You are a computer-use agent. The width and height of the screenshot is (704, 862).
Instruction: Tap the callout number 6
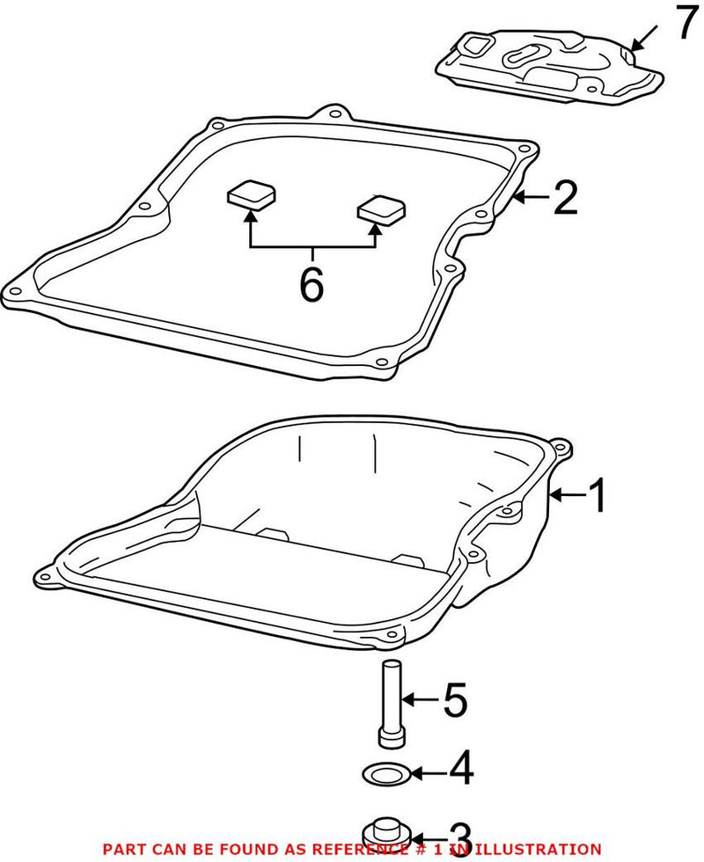[x=312, y=284]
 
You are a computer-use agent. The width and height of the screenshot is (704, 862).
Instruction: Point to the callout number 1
[x=597, y=496]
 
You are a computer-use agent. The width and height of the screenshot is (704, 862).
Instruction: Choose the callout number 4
[x=461, y=768]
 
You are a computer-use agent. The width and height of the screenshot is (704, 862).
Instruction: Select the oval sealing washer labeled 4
[x=385, y=773]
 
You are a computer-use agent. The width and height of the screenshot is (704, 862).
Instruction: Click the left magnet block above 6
[x=251, y=193]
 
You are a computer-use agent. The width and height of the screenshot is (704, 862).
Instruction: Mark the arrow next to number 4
[x=428, y=773]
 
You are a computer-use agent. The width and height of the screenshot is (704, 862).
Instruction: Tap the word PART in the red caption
[x=122, y=849]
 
